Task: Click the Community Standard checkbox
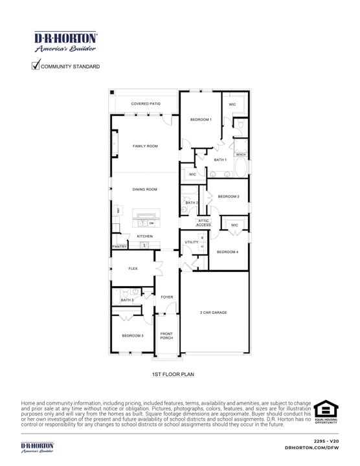point(36,65)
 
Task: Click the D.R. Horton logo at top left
point(65,41)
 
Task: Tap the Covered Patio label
point(145,104)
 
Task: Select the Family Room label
point(145,146)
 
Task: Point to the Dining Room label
point(145,189)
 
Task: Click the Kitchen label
point(144,236)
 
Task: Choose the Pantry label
point(119,247)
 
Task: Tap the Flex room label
point(133,268)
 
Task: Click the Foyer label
point(167,297)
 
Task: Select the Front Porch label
point(166,335)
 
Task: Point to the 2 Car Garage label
point(214,313)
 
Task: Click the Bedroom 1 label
point(201,120)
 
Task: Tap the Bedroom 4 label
point(228,252)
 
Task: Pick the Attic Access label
point(204,223)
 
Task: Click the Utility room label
point(191,242)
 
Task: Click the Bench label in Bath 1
point(241,155)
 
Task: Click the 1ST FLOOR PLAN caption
point(173,374)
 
